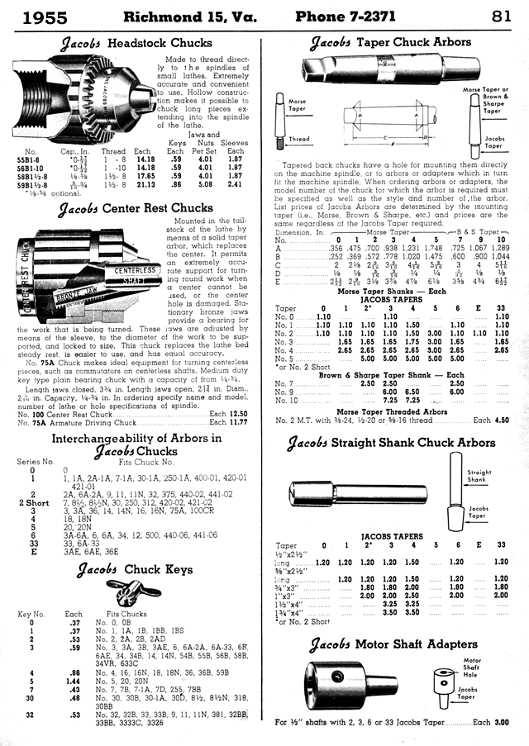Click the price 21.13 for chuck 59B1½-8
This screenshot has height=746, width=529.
(x=144, y=185)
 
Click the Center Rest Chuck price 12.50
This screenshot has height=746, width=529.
(x=239, y=412)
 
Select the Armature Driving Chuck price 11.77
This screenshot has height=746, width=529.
(x=239, y=421)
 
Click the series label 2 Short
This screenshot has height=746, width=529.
(x=34, y=501)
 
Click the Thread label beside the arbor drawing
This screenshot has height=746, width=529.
(x=298, y=139)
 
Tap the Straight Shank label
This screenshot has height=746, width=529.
(x=479, y=476)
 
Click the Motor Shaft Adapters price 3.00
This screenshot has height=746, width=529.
(x=501, y=721)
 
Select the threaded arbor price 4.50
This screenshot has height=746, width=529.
(x=501, y=420)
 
